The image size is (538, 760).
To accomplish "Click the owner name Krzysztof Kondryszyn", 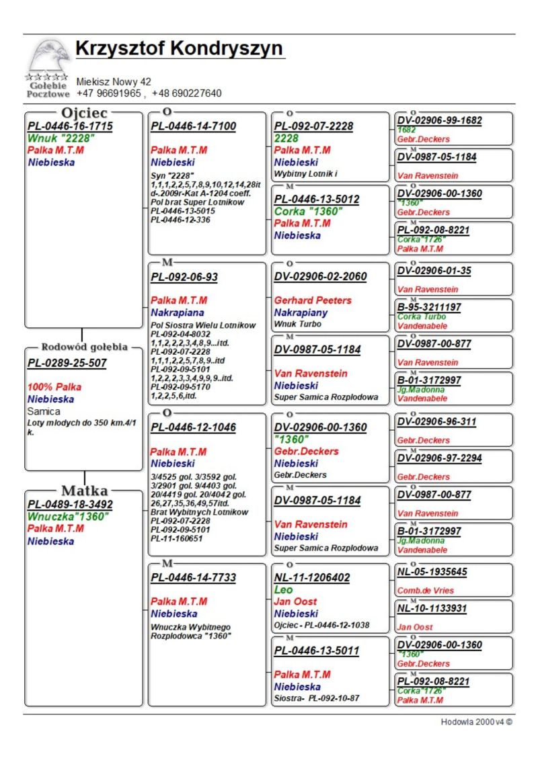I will pos(179,49).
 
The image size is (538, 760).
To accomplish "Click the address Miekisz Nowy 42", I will pos(114,82).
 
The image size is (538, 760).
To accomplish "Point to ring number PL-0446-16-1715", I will pos(70,126).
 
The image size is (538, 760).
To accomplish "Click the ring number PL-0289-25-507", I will pos(67,364).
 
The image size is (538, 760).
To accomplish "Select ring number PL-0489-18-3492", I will pos(70,505).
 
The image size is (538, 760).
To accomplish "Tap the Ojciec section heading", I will pos(85,112).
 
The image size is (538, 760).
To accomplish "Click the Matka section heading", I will pos(85,490).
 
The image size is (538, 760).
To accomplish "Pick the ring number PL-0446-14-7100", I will pos(193,126).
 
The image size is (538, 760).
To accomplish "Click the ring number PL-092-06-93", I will pos(184,277).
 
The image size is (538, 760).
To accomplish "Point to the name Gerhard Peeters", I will pos(313,300).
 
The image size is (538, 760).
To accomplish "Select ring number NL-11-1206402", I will pos(312,578).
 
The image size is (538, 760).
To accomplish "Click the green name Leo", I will pos(283,589).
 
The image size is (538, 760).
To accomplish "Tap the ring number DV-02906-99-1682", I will pos(439,120).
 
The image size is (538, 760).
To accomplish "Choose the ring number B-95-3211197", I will pos(429,307).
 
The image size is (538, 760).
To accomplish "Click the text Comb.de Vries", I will pos(425,591).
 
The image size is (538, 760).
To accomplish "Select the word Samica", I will pos(44,411).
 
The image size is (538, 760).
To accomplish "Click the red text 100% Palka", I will pos(54,388).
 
